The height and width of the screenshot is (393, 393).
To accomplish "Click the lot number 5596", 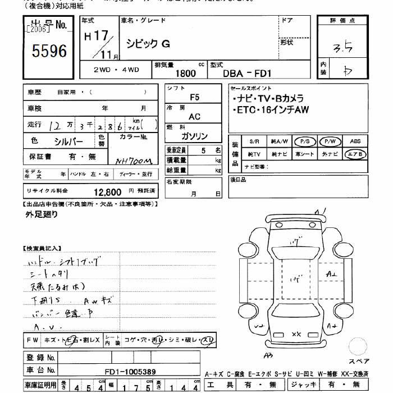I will pos(49,52).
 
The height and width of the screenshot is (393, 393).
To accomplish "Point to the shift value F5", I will pos(194,97).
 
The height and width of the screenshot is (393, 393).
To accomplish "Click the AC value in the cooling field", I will pos(194,117).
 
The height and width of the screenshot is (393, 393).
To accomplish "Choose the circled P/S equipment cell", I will pos(306,142).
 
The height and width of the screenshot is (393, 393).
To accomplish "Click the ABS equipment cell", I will pos(355,142).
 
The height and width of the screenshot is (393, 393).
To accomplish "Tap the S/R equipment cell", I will pos(255,142).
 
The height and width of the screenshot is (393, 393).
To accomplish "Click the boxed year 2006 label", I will pos(38,28).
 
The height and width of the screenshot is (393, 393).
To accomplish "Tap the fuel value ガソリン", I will pos(194,136).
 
